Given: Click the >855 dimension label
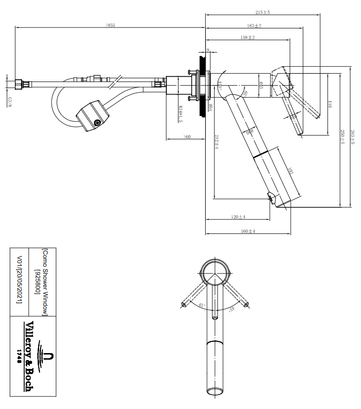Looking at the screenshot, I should pos(110,25).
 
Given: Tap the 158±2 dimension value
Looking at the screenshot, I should pos(247,37).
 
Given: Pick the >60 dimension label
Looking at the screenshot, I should pos(187,136).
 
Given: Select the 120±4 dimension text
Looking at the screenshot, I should pos(239,217).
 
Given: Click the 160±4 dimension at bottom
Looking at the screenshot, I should pos(248,231).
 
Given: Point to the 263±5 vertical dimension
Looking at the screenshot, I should pos(353,137).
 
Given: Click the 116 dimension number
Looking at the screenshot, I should pos(329,104).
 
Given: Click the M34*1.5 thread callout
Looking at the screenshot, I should pos(180,114).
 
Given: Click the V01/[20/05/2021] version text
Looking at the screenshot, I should pos(19,279).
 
